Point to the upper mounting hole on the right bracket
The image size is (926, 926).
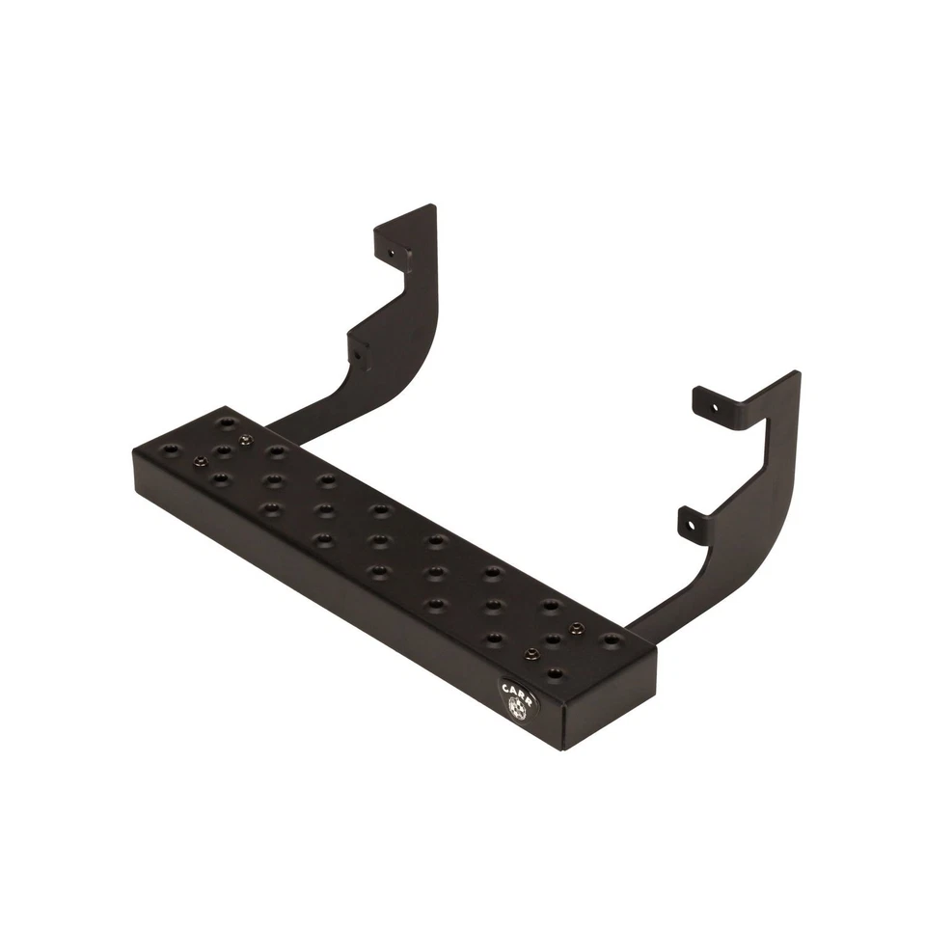tap(715, 408)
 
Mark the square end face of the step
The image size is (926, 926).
tap(609, 705)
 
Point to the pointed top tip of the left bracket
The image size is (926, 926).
tap(431, 206)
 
